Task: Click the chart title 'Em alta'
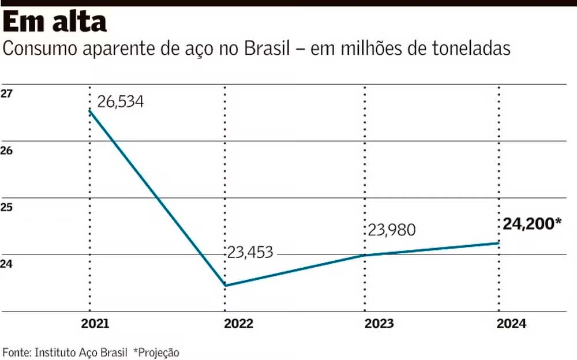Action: [x=55, y=22]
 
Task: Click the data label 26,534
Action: [x=120, y=102]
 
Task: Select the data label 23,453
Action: [x=249, y=252]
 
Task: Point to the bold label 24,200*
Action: [x=531, y=223]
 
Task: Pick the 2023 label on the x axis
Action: [x=379, y=324]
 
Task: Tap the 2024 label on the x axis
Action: [x=512, y=324]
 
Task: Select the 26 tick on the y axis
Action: [x=7, y=151]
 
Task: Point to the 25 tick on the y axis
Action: [x=7, y=207]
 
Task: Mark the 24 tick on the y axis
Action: [x=7, y=264]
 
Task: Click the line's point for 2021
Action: [x=90, y=110]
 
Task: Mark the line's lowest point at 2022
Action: [x=224, y=285]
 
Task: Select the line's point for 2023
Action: [x=366, y=254]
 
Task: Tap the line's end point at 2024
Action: [x=499, y=243]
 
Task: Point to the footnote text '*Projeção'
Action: [x=156, y=352]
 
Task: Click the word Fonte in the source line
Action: [x=16, y=352]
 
